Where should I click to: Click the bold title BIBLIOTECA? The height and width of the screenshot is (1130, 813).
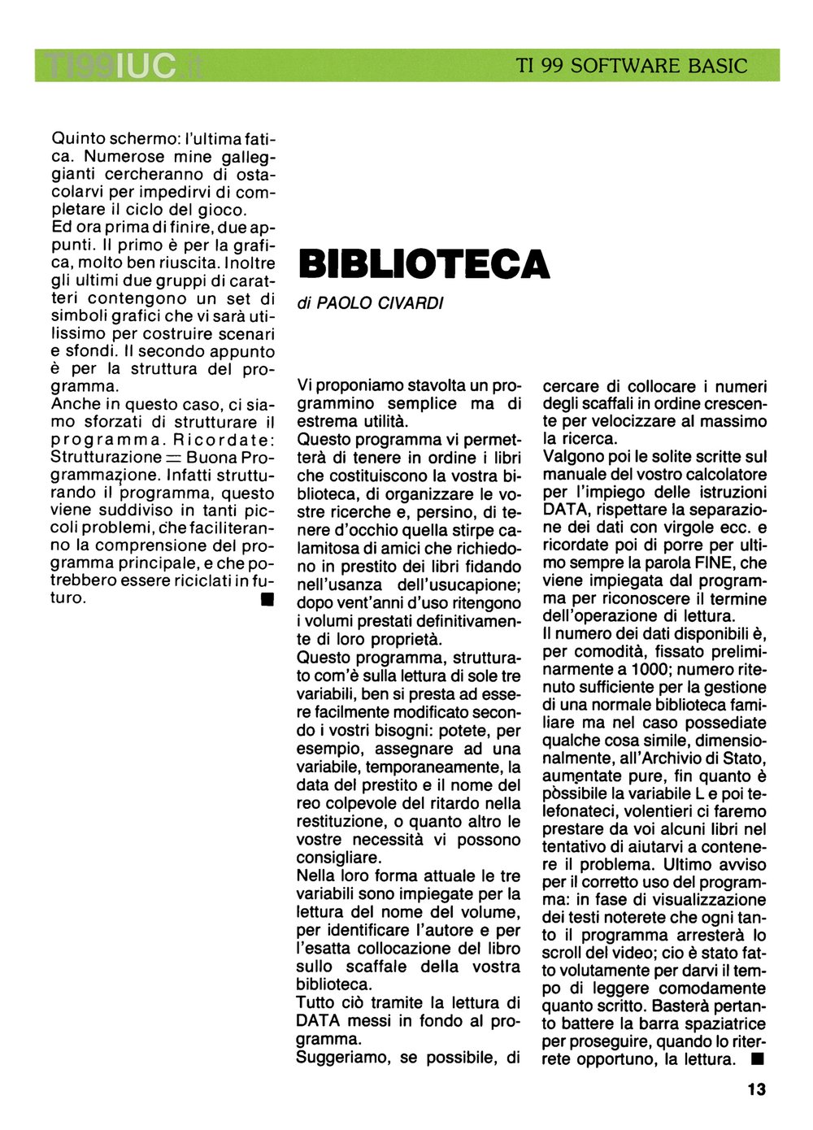pos(424,264)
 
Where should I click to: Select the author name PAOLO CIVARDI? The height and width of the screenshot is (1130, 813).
pos(380,303)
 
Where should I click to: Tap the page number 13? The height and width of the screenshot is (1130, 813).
pos(756,1089)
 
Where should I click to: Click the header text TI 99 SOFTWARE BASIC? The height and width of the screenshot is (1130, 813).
pos(632,66)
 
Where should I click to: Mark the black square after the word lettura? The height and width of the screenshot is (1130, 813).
pos(757,1058)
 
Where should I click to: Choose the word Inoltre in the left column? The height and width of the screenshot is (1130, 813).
pos(249,263)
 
